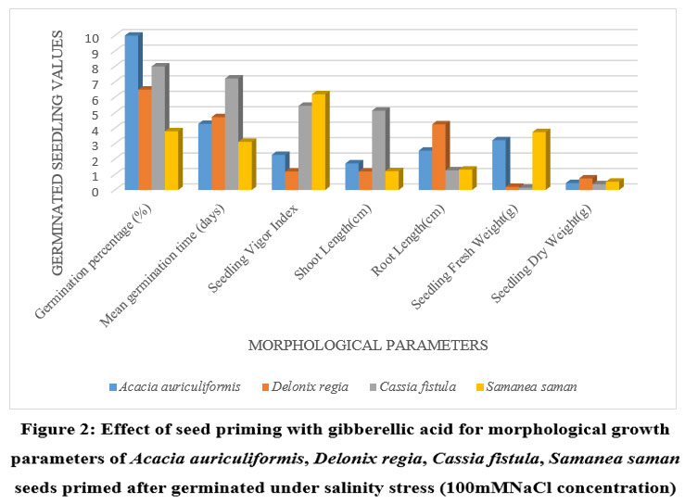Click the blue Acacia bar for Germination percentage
click(132, 113)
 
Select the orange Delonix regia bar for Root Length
click(438, 157)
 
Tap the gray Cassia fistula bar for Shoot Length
click(378, 150)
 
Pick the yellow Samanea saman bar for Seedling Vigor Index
click(319, 143)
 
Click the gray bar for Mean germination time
click(232, 134)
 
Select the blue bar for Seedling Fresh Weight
click(499, 165)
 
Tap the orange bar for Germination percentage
click(145, 140)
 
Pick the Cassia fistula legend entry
click(416, 386)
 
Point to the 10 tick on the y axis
click(91, 38)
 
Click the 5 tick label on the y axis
click(94, 114)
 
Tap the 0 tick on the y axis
click(94, 191)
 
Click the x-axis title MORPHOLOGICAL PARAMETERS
click(368, 346)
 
